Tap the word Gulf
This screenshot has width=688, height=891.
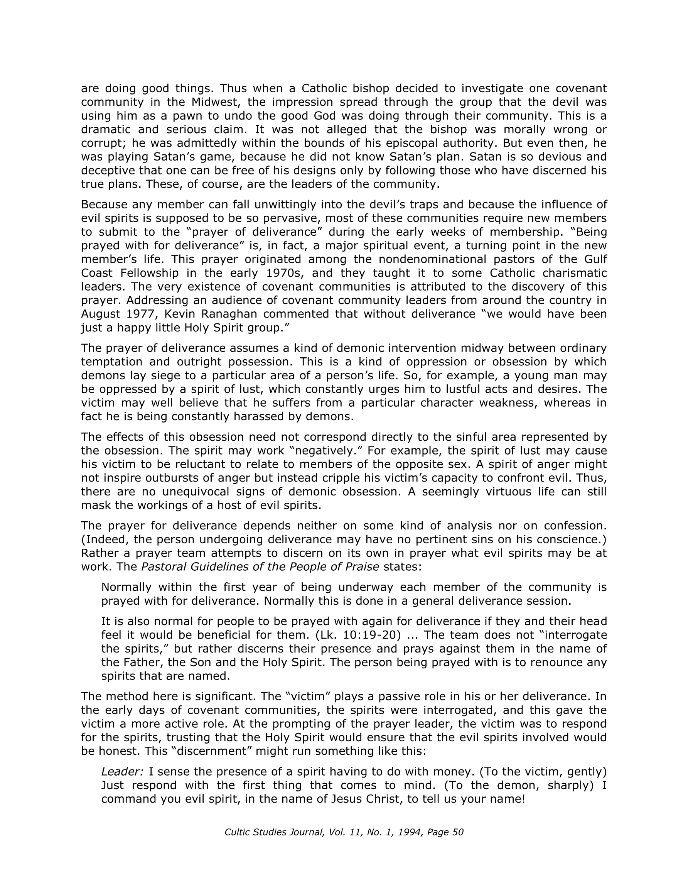click(594, 259)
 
